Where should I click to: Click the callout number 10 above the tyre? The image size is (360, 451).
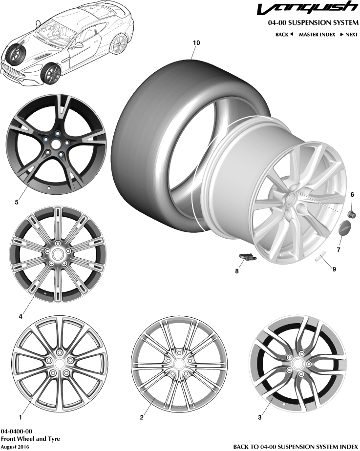pos(196,43)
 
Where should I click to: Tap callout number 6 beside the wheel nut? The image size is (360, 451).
pos(352,195)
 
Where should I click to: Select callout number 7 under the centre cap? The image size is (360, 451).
pos(338,250)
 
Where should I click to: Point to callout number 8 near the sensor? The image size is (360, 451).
pos(237,271)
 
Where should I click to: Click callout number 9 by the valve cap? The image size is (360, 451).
pos(334,269)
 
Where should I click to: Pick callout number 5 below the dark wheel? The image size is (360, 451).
pos(17,201)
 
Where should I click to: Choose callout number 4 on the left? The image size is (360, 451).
pos(21,316)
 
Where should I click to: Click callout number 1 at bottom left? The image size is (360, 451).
pos(20,417)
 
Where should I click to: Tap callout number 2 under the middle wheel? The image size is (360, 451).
pos(142,417)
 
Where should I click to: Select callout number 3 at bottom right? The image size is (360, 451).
pos(260,417)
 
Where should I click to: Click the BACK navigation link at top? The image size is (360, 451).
pos(284,35)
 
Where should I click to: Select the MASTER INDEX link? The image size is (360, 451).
pos(317,35)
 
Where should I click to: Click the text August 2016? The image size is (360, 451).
pos(15,446)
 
